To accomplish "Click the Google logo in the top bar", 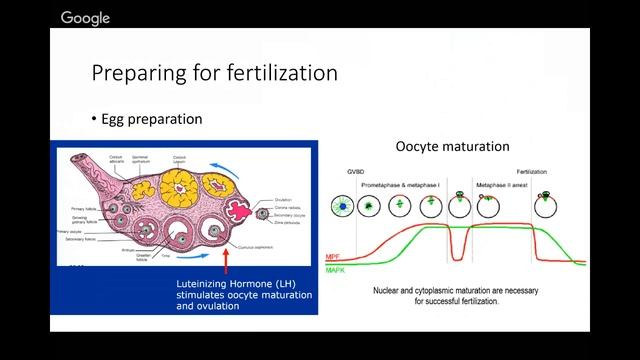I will click(x=85, y=17).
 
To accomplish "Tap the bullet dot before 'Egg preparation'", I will click(x=94, y=119).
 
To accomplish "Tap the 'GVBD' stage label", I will click(x=343, y=171).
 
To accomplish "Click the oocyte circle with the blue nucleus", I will click(x=344, y=205).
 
